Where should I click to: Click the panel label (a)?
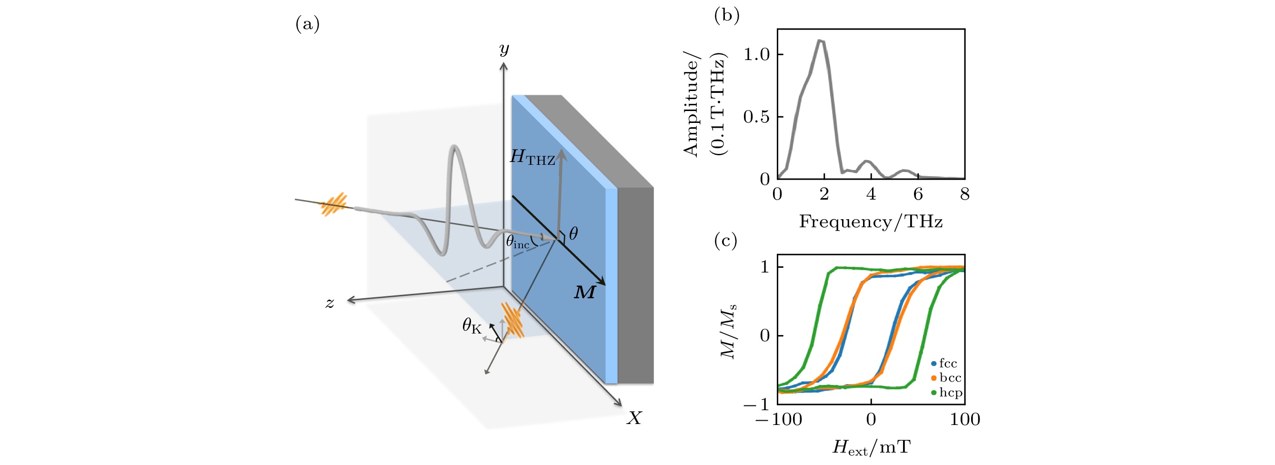(x=307, y=24)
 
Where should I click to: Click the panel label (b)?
(x=727, y=15)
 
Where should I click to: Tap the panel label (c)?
(x=725, y=241)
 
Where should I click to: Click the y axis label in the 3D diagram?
(x=504, y=50)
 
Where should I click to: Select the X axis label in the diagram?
(x=634, y=418)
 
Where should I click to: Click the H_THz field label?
(x=532, y=158)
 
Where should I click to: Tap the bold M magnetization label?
(x=584, y=292)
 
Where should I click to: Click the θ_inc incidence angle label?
(x=518, y=241)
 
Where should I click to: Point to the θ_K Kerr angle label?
(x=472, y=326)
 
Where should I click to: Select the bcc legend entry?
(x=946, y=378)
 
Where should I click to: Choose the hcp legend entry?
(x=947, y=393)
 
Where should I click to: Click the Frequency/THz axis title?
(x=871, y=222)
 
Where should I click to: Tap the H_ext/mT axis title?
(x=871, y=448)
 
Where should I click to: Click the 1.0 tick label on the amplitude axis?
(x=757, y=54)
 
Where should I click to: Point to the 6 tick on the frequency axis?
(x=918, y=194)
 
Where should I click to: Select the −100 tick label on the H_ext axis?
(x=779, y=419)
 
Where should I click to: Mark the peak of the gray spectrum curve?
(x=821, y=40)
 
